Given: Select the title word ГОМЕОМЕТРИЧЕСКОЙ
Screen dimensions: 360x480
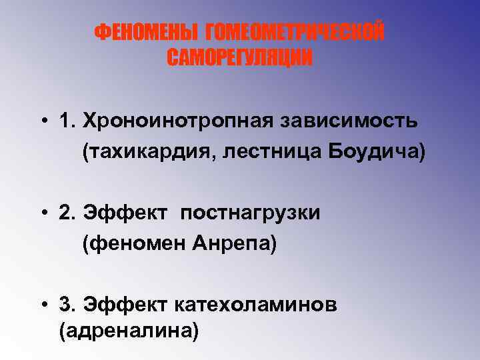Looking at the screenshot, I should click(x=295, y=33).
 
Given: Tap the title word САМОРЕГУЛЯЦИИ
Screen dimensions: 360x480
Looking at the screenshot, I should click(x=239, y=59).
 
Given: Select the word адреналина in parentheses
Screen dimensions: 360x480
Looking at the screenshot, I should click(x=129, y=331).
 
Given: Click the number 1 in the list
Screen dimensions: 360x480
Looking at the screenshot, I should click(x=65, y=122).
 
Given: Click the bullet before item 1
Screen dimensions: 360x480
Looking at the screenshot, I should click(x=42, y=122).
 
